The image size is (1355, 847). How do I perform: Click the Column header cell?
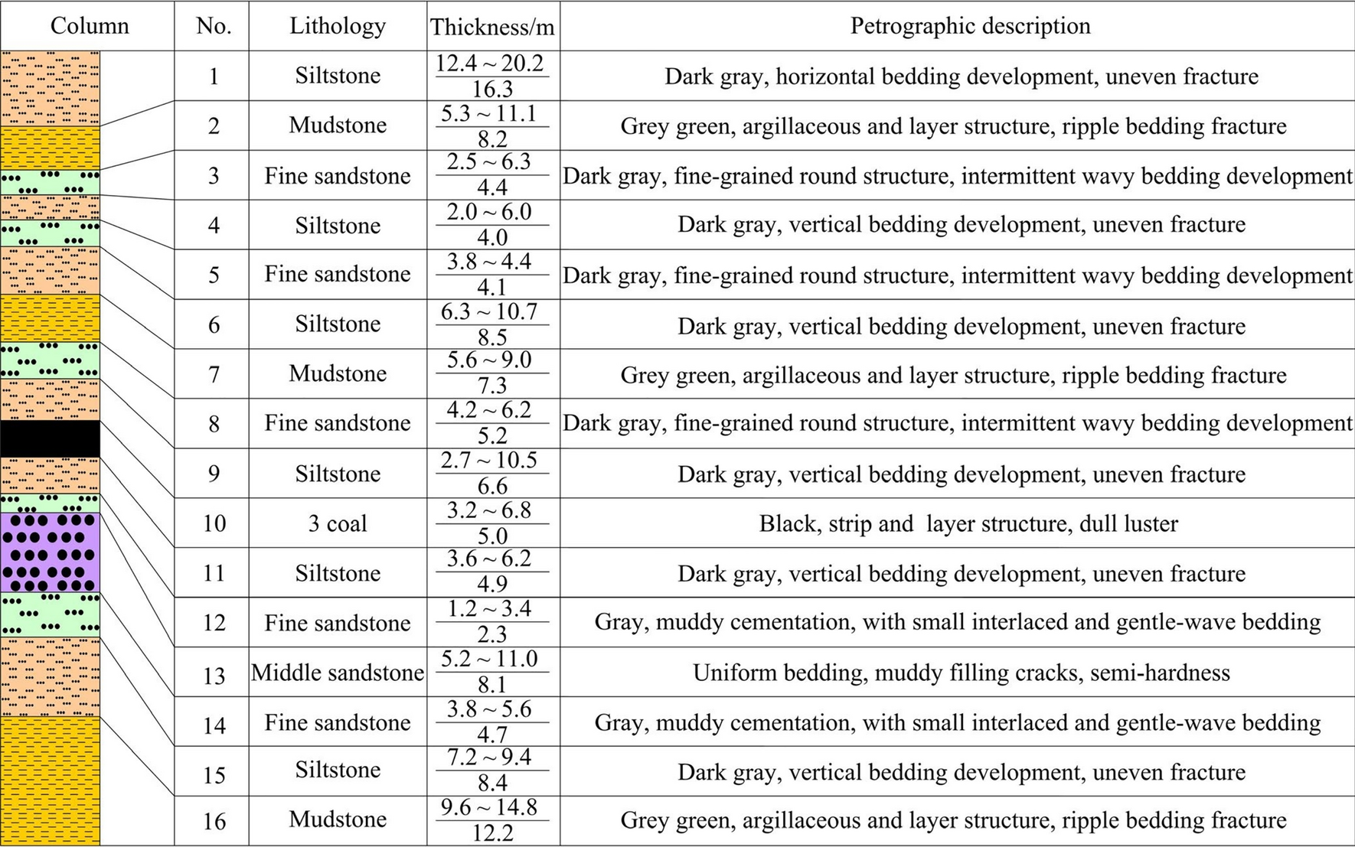89,26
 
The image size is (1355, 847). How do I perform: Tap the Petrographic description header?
970,26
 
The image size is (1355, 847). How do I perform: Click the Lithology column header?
337,26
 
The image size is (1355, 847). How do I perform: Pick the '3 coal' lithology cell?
337,524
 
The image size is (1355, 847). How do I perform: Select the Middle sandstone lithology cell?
337,673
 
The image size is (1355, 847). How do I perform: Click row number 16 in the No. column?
214,822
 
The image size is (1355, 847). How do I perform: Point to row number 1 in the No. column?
214,77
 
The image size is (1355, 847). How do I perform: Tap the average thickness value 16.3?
491,90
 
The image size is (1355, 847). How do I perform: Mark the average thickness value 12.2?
491,833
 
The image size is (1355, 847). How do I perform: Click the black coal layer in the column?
50,438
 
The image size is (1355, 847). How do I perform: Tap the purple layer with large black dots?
50,552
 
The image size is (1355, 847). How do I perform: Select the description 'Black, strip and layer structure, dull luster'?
968,524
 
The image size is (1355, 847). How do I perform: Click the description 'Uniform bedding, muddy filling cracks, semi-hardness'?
961,673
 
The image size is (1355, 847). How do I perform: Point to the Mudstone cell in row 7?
337,374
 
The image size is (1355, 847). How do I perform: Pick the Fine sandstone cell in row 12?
337,624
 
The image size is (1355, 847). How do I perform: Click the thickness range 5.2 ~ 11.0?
491,660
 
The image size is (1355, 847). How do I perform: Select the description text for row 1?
961,77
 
